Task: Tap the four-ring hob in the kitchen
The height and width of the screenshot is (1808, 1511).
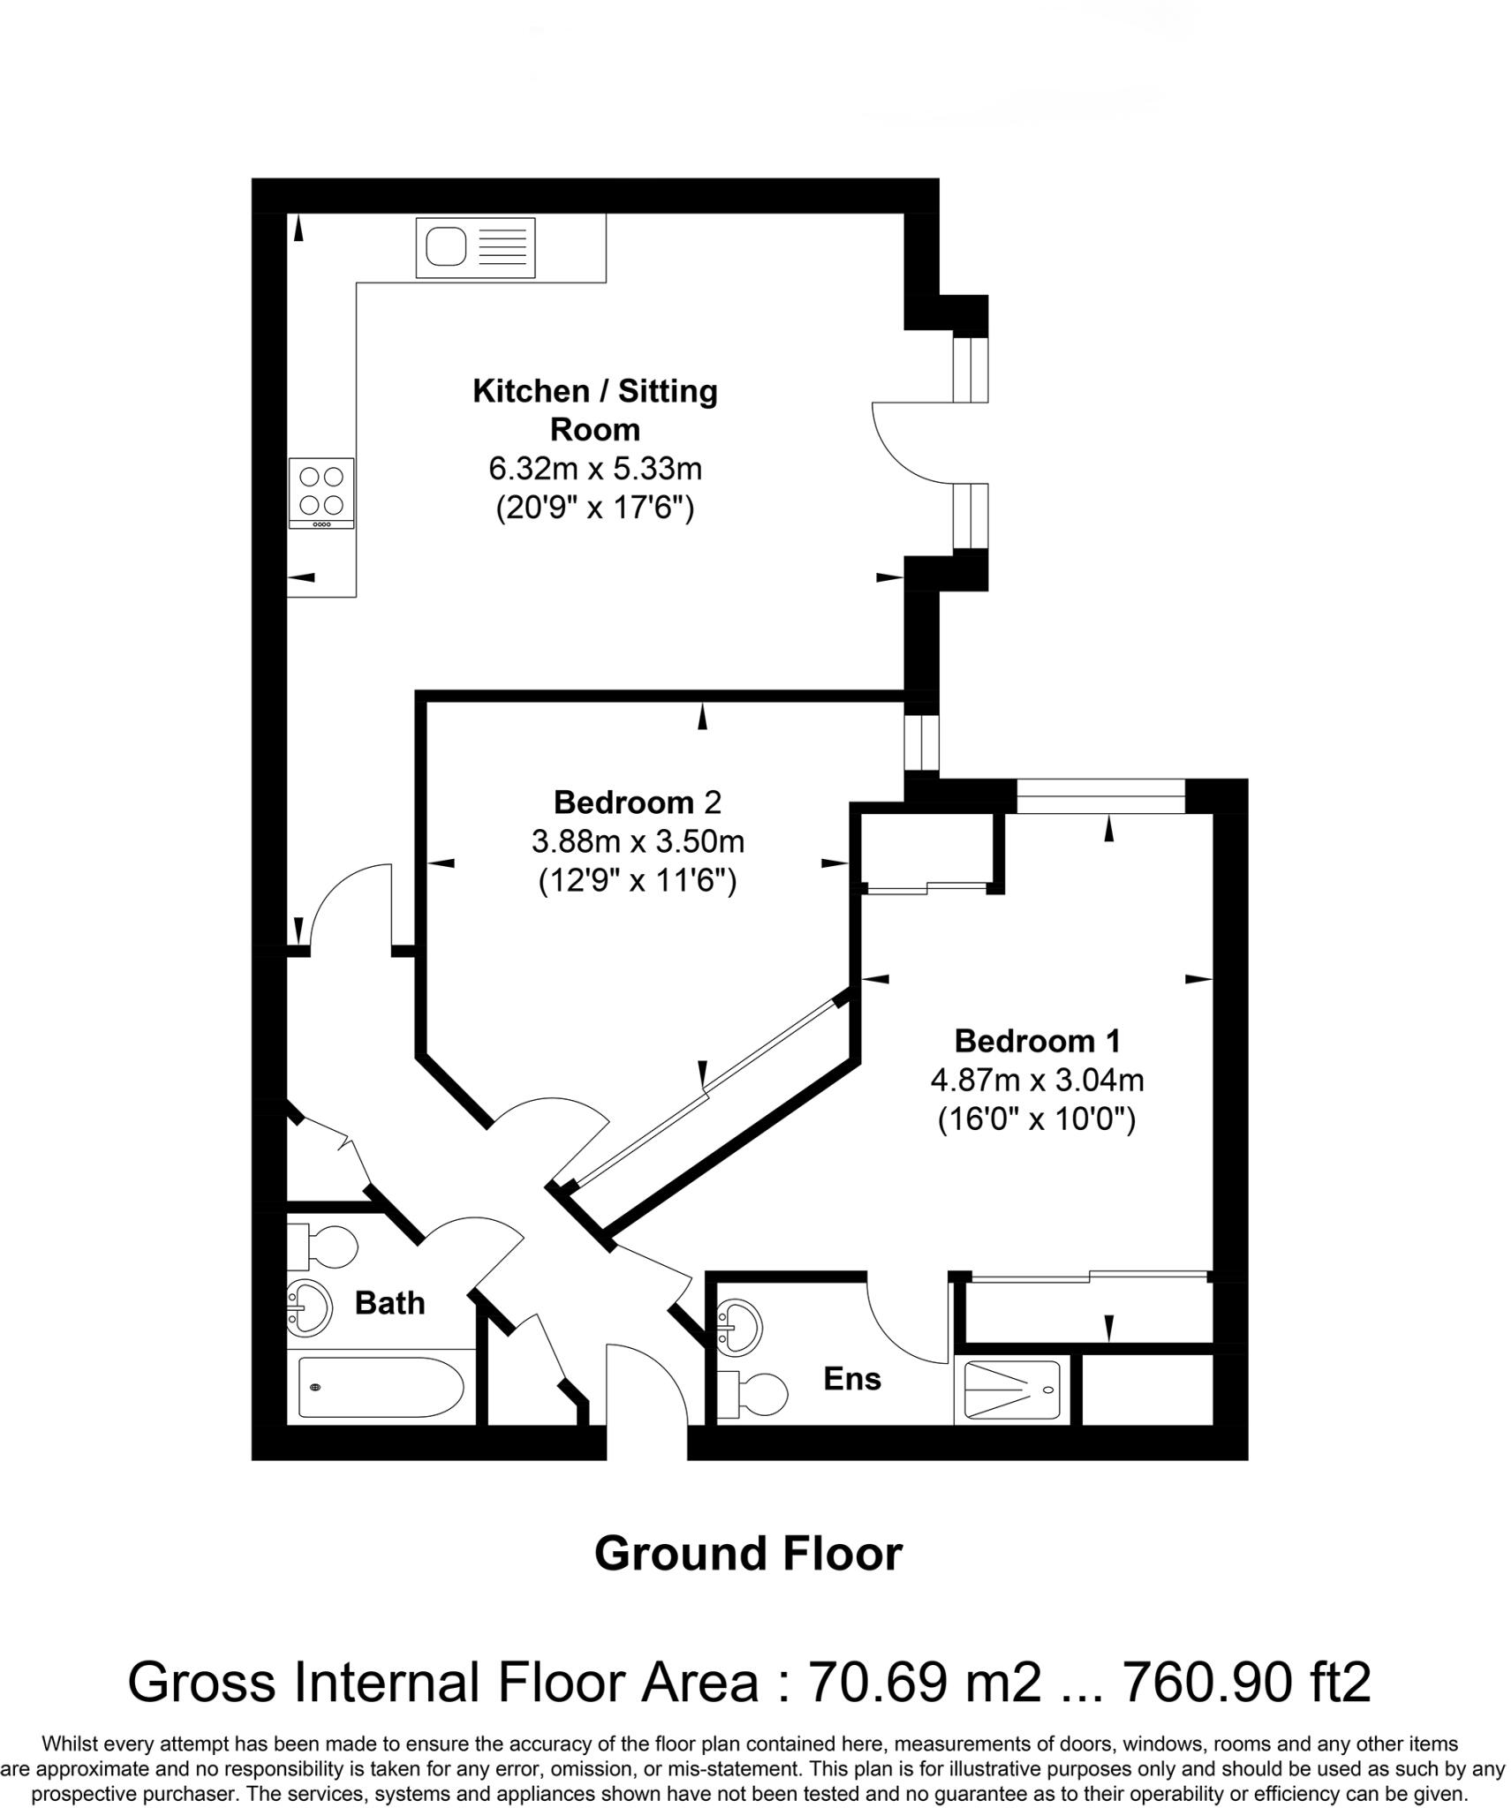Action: click(x=321, y=491)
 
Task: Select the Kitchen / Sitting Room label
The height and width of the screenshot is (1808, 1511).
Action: click(x=594, y=410)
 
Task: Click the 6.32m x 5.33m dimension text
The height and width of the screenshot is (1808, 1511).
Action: click(x=594, y=468)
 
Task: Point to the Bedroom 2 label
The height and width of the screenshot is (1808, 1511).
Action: click(x=637, y=802)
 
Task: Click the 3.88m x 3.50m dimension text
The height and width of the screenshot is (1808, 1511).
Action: click(x=637, y=841)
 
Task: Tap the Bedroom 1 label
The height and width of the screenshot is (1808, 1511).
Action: click(x=1037, y=1041)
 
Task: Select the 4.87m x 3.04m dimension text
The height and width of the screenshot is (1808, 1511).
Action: click(x=1037, y=1080)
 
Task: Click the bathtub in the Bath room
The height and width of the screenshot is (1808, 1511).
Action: click(x=380, y=1387)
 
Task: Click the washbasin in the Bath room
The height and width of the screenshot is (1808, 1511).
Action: click(x=309, y=1306)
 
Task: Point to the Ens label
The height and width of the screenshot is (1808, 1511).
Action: click(x=851, y=1379)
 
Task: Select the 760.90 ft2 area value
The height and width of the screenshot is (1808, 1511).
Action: click(x=1245, y=1683)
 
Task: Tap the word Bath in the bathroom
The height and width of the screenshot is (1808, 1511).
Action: click(x=389, y=1303)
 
